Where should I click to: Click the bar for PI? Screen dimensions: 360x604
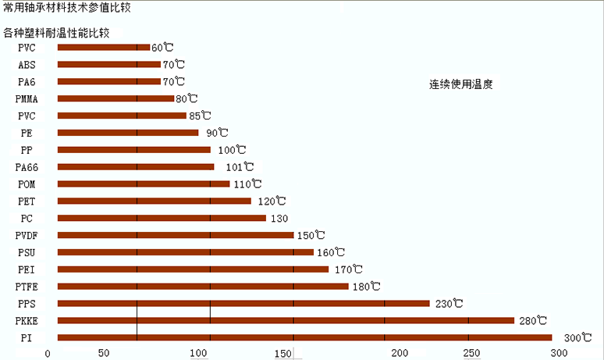304,337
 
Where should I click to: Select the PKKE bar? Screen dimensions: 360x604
286,320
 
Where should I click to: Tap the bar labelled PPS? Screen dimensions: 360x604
243,303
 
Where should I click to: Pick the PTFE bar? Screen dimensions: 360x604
203,286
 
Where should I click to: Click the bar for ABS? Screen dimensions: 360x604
108,64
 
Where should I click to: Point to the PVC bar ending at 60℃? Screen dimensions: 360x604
103,47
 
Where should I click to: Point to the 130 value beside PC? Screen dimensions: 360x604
279,218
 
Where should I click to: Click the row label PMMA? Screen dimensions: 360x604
27,98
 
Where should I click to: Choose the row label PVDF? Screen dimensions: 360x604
27,235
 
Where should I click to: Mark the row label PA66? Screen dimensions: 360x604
27,167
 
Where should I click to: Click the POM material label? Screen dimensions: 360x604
27,184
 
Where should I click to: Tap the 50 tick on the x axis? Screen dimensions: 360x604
103,353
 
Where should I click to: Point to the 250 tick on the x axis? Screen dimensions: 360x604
471,353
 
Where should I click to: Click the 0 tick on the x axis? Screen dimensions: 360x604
48,353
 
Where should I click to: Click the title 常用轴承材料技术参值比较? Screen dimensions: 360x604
66,7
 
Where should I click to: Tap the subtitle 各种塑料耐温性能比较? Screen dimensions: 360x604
56,34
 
